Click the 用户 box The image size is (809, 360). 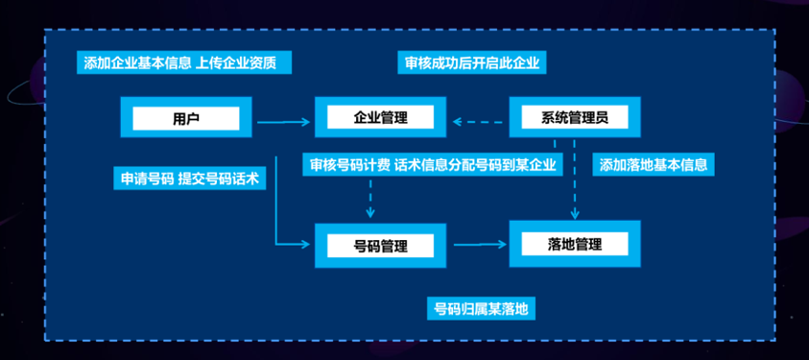186,117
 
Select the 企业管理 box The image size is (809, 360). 381,117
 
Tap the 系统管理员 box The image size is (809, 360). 575,117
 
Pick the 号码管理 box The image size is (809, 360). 381,246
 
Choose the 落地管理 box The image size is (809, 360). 575,244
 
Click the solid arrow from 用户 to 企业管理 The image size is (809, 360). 283,122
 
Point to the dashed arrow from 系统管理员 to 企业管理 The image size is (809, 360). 478,122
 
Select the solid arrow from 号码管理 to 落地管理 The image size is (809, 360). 481,245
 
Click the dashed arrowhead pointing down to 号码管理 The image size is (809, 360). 370,212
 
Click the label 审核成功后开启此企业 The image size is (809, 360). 472,63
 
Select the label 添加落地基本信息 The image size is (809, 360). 654,165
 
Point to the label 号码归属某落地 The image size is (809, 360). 482,309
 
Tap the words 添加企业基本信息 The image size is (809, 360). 138,63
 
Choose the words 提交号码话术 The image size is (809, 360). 218,179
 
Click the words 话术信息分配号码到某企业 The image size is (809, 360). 475,165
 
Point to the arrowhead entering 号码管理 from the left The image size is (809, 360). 304,245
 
